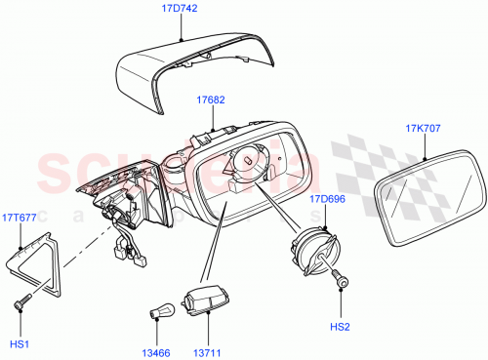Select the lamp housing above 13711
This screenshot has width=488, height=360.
click(x=209, y=298)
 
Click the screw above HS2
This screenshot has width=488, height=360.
click(x=341, y=280)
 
